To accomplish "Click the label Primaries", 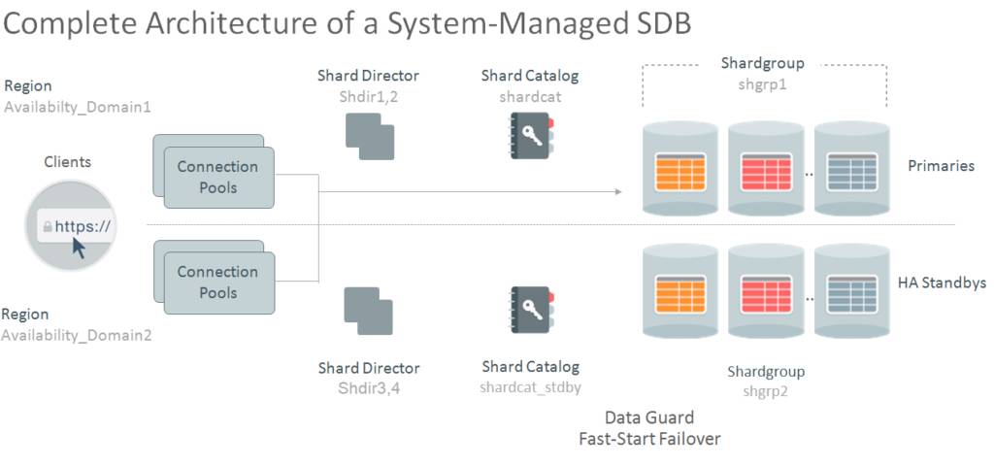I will point(941,166).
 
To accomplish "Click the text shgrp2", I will point(766,391).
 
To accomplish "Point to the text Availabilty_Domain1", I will point(78,107).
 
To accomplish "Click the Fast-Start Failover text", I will point(649,439).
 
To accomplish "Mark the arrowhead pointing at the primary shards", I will point(617,191).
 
